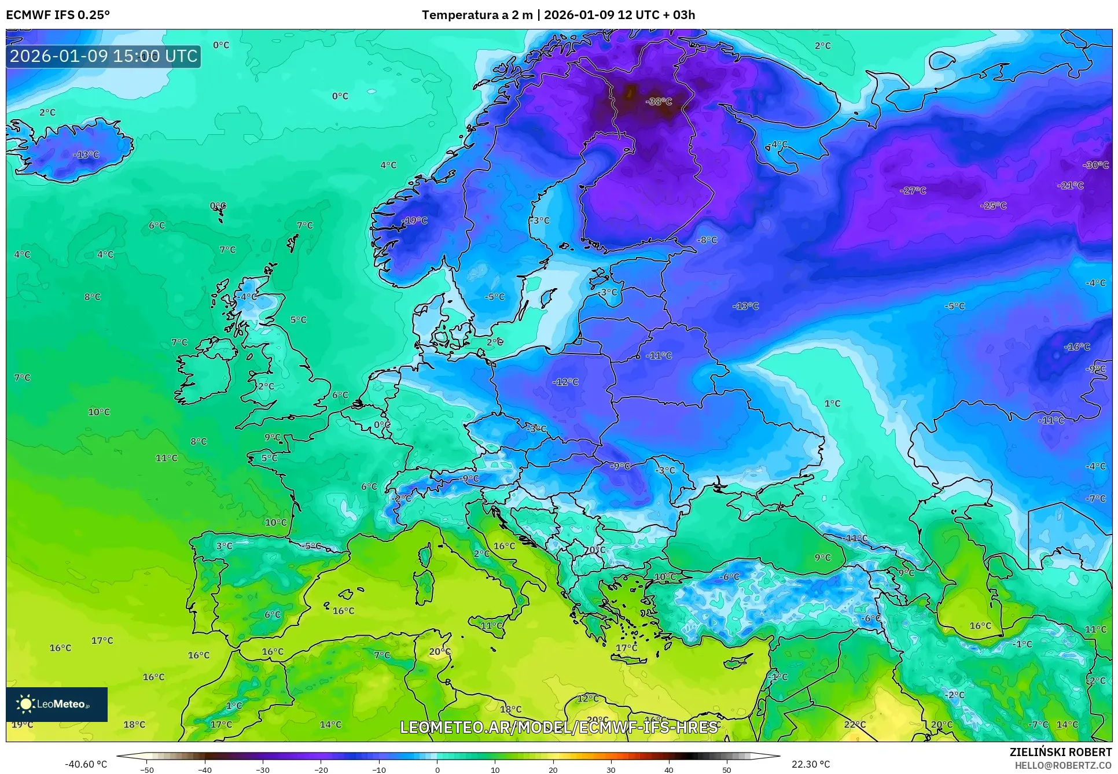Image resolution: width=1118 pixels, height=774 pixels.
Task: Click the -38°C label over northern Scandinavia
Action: [x=659, y=101]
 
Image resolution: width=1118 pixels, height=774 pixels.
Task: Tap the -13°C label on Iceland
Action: [x=86, y=155]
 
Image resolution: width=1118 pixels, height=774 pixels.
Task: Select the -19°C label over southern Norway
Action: [x=415, y=220]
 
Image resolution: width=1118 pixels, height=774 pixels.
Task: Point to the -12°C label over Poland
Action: [x=565, y=382]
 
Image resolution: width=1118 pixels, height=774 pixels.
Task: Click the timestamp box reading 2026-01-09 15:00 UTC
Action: [x=104, y=56]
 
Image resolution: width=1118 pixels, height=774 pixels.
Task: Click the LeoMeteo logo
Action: [x=57, y=704]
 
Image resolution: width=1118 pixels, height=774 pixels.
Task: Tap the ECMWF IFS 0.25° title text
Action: [x=58, y=14]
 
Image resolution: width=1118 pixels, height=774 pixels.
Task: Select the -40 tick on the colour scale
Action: [x=205, y=769]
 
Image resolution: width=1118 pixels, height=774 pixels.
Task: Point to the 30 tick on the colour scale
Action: [x=611, y=769]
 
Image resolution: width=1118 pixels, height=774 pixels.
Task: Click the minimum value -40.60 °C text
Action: [x=86, y=764]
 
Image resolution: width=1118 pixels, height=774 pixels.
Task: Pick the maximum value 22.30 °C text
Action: [x=810, y=764]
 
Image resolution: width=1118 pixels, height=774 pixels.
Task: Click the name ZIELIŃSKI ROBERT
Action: [x=1060, y=752]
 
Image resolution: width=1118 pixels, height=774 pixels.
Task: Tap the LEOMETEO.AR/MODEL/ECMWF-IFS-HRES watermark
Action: [x=559, y=727]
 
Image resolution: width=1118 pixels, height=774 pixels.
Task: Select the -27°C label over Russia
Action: [x=913, y=190]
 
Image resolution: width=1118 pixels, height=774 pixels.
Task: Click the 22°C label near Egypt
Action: [x=855, y=724]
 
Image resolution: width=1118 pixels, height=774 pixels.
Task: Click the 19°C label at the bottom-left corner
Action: [x=22, y=724]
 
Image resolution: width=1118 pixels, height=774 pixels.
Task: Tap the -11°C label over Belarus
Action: [x=659, y=356]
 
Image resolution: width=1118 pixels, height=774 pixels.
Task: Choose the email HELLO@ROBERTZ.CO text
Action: [x=1063, y=765]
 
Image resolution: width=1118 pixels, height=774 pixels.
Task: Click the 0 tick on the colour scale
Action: [x=437, y=769]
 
